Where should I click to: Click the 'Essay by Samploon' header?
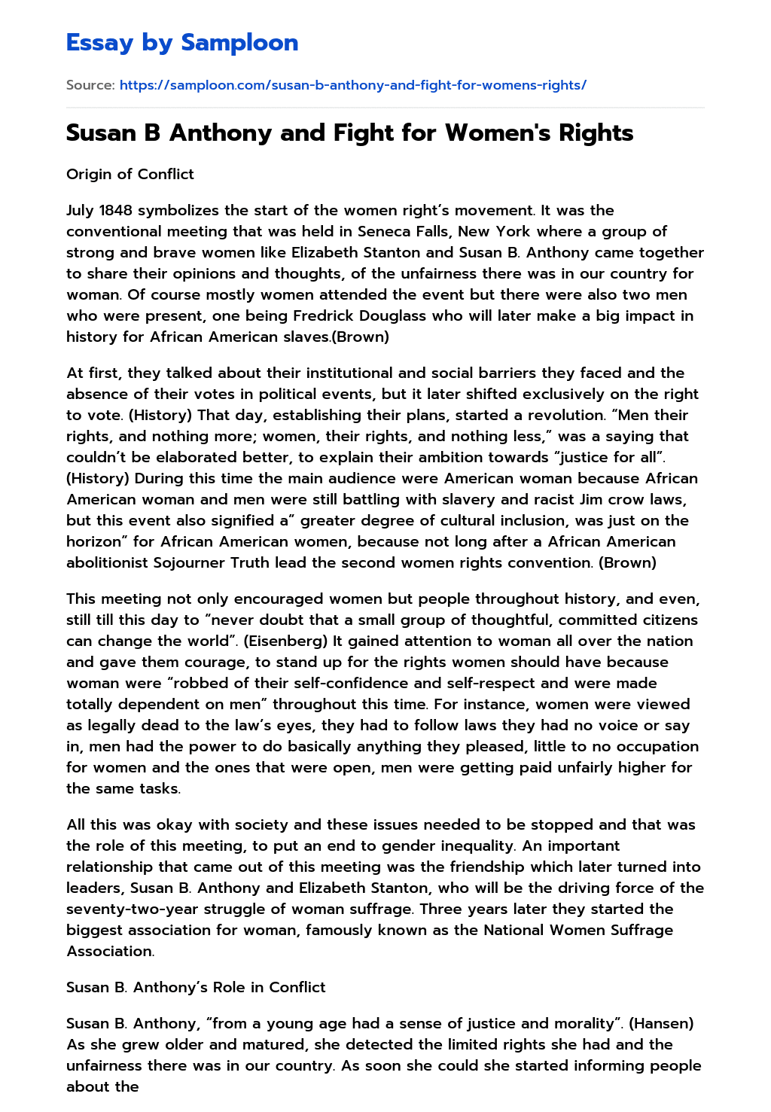coord(182,43)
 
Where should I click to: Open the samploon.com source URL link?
coord(352,85)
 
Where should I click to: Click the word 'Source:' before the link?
coord(90,85)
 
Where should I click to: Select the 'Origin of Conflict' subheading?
coord(130,174)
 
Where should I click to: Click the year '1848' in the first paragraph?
coord(116,210)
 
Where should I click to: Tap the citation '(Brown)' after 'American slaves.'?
coord(361,337)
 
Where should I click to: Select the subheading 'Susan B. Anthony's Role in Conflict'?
coord(196,987)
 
